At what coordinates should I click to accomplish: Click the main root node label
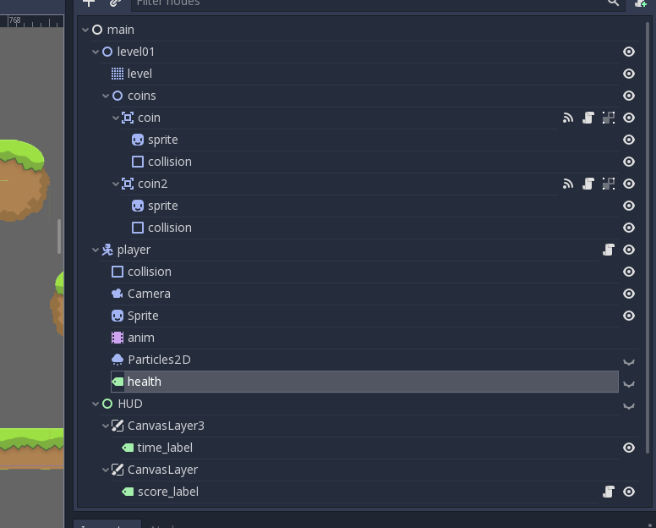point(120,30)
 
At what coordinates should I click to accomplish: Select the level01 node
point(135,52)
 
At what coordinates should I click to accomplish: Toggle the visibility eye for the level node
point(629,74)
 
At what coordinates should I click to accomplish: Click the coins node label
point(141,96)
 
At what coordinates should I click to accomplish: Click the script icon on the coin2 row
point(588,184)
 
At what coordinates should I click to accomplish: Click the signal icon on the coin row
point(568,118)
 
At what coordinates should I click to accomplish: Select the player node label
point(134,250)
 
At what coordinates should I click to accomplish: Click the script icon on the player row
point(609,250)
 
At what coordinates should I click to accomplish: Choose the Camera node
point(149,294)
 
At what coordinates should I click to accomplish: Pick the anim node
point(140,338)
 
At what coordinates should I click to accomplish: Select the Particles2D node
point(159,360)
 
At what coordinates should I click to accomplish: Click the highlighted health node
point(144,382)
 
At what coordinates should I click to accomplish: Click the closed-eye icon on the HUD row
point(629,405)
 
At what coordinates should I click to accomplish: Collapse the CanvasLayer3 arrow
point(106,426)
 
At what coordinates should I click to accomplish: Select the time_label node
point(165,448)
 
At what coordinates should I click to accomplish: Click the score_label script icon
point(609,492)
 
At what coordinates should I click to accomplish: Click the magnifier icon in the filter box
point(614,3)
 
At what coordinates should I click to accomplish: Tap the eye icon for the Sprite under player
point(629,316)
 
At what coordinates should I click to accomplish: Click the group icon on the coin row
point(609,118)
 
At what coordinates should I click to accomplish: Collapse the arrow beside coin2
point(116,184)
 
